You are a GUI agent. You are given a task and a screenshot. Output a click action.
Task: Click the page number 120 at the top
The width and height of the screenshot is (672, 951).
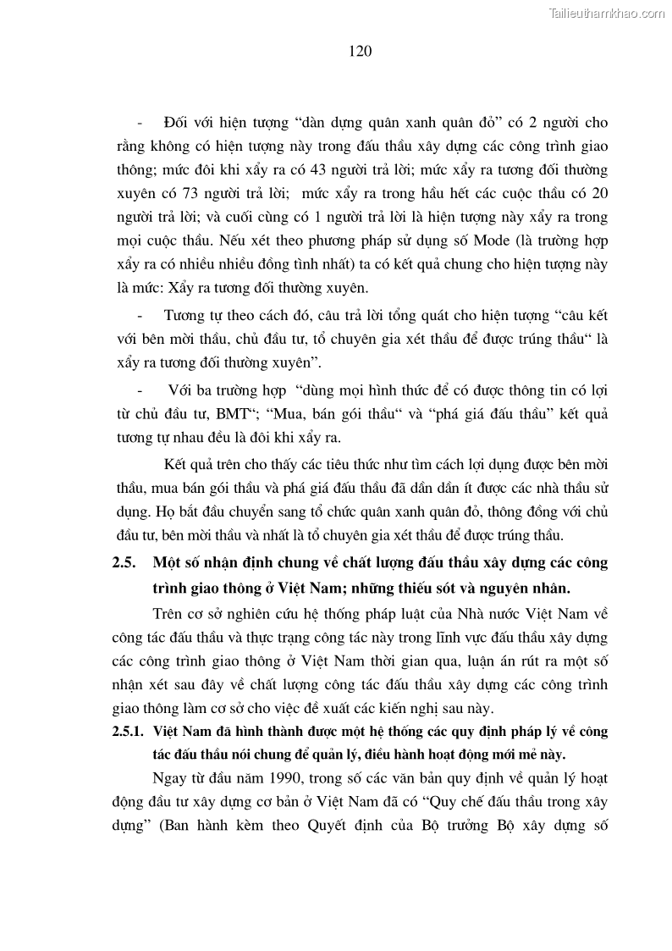(360, 51)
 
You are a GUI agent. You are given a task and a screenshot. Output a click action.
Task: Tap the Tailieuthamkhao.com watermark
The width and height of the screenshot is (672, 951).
(607, 13)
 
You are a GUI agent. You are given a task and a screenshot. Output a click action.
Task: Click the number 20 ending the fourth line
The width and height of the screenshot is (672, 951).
(599, 194)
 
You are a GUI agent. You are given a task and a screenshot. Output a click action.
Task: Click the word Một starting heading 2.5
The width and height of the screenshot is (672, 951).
(167, 562)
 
